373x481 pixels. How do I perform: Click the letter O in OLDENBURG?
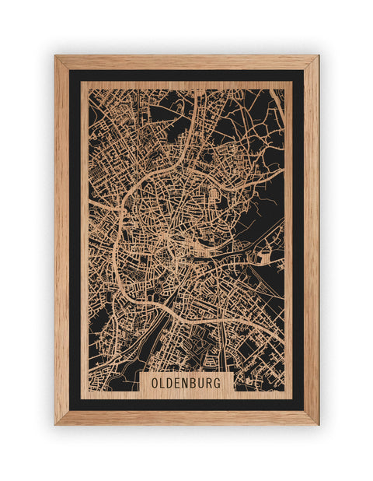click(x=155, y=383)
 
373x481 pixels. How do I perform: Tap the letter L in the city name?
click(x=162, y=383)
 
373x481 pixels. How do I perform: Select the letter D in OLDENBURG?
click(x=170, y=383)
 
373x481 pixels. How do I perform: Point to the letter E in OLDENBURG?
click(x=178, y=383)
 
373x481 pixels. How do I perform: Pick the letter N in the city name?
click(x=186, y=383)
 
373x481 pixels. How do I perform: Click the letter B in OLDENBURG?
click(x=194, y=383)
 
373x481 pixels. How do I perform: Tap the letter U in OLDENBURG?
click(x=202, y=383)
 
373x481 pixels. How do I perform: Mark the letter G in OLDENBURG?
click(x=218, y=383)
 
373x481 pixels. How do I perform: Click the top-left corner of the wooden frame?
click(x=56, y=57)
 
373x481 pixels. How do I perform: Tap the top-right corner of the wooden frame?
click(x=317, y=57)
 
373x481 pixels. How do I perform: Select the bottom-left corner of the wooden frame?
click(x=56, y=423)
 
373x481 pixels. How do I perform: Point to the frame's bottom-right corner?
click(x=317, y=423)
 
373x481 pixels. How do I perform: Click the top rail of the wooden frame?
click(x=186, y=62)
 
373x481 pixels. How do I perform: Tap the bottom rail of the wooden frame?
click(x=186, y=417)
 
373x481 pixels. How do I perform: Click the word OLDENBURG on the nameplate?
click(x=186, y=383)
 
